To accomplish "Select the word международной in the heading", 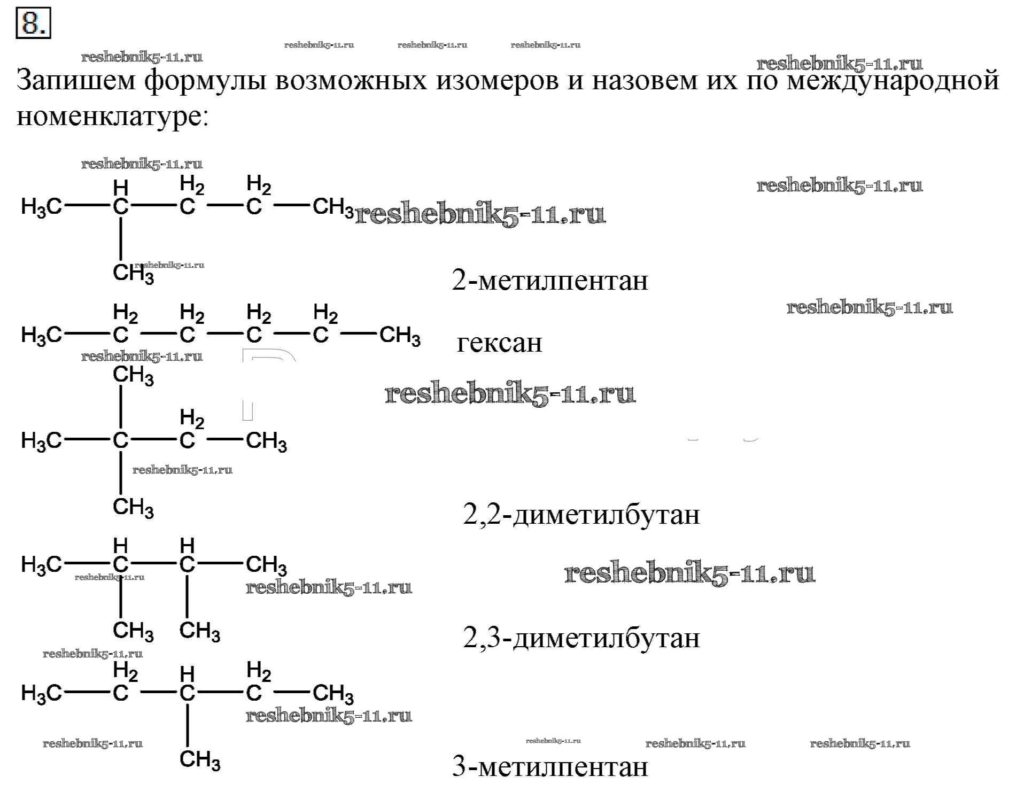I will click(893, 81).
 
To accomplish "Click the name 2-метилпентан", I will click(549, 281).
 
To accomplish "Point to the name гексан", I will click(499, 343).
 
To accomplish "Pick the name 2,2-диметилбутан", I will click(581, 515).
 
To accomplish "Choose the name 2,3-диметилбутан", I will click(581, 638).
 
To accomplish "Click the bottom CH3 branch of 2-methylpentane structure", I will click(133, 274).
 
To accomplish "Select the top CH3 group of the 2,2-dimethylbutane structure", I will click(133, 375).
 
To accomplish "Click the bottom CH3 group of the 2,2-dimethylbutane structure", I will click(133, 507).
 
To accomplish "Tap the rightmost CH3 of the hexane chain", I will click(400, 336).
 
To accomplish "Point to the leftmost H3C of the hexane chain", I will click(41, 336).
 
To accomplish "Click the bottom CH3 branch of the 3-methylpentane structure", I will click(199, 759).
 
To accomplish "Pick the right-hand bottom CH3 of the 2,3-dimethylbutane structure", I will click(199, 631).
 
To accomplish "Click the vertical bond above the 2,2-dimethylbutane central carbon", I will click(121, 407).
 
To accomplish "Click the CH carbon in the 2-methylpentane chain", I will click(121, 206).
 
